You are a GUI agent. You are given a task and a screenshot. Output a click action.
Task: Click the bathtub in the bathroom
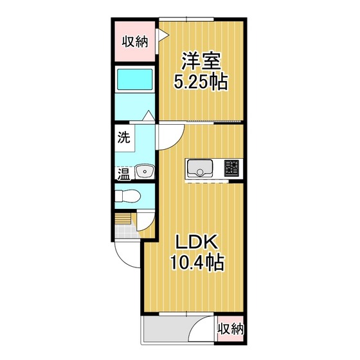click(135, 80)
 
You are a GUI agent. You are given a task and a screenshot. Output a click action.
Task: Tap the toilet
click(128, 196)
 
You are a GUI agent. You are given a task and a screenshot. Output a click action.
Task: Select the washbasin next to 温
click(145, 171)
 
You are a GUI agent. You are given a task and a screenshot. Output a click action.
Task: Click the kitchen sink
click(200, 168)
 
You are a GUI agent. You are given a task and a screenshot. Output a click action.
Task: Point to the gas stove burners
click(231, 168)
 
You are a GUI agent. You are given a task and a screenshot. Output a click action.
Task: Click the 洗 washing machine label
click(123, 138)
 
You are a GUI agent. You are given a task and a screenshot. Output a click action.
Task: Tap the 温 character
click(124, 174)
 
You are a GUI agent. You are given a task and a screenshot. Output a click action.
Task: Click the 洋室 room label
click(201, 61)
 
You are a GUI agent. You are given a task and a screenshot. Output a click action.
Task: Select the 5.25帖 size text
click(201, 82)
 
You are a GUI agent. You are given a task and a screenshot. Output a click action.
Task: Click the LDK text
click(197, 242)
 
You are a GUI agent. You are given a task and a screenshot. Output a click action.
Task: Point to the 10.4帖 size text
click(197, 262)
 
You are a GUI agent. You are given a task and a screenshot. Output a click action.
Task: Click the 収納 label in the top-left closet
click(135, 42)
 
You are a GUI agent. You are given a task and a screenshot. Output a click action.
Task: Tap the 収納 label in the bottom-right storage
click(230, 329)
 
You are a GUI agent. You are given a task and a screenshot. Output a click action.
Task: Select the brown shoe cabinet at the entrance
click(123, 219)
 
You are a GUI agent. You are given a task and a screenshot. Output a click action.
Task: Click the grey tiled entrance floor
click(126, 231)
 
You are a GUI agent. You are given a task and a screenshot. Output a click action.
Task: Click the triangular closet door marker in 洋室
click(164, 35)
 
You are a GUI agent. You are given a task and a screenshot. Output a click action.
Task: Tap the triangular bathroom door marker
click(148, 115)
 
